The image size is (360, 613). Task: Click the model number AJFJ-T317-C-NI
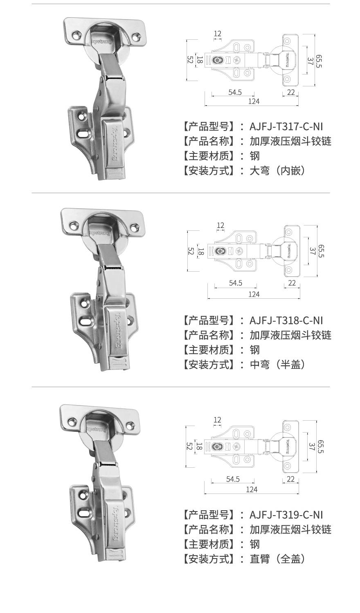coord(286,127)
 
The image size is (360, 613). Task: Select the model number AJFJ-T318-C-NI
coord(286,320)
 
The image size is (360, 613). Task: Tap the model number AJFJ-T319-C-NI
coord(286,515)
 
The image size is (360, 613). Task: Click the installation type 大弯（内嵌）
coord(277,171)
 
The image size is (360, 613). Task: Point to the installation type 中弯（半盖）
coord(277,365)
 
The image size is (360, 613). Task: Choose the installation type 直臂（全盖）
coord(277,559)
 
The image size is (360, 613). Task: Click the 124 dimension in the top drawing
coord(254,101)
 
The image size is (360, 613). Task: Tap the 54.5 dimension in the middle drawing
coord(236,283)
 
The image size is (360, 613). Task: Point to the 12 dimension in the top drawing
coord(218,34)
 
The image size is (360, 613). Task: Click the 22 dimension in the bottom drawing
coord(290,479)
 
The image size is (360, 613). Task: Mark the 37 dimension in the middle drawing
coord(312,251)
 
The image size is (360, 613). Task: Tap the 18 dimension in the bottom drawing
coord(199,446)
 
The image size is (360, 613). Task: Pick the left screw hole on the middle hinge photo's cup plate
coord(74,226)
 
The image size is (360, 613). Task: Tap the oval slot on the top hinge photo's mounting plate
coord(84,134)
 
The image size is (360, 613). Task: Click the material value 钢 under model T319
coord(254,544)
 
